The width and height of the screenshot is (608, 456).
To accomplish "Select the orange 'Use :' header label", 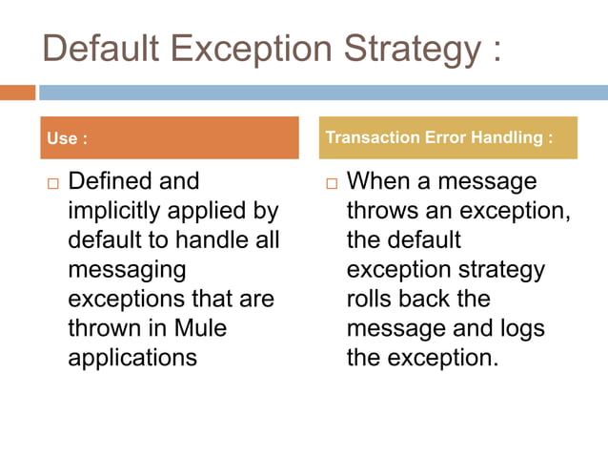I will [x=68, y=138].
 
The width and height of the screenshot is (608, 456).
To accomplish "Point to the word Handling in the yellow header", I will [x=505, y=137].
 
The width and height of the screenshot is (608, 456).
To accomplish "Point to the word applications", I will [x=132, y=359].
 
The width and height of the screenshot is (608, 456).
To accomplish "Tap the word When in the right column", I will [x=377, y=181].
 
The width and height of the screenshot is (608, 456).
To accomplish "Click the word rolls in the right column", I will [x=371, y=300].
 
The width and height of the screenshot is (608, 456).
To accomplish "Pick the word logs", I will [x=522, y=329].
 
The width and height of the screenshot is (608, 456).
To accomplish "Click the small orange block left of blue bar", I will [x=17, y=93].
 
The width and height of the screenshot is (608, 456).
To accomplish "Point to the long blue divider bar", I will [x=323, y=93].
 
